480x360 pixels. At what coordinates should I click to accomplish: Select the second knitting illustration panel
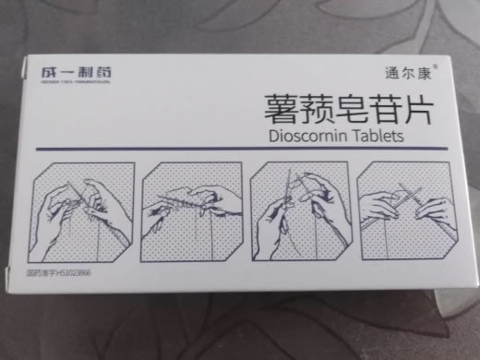[192, 210]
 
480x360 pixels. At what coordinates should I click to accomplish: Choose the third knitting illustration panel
[301, 209]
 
